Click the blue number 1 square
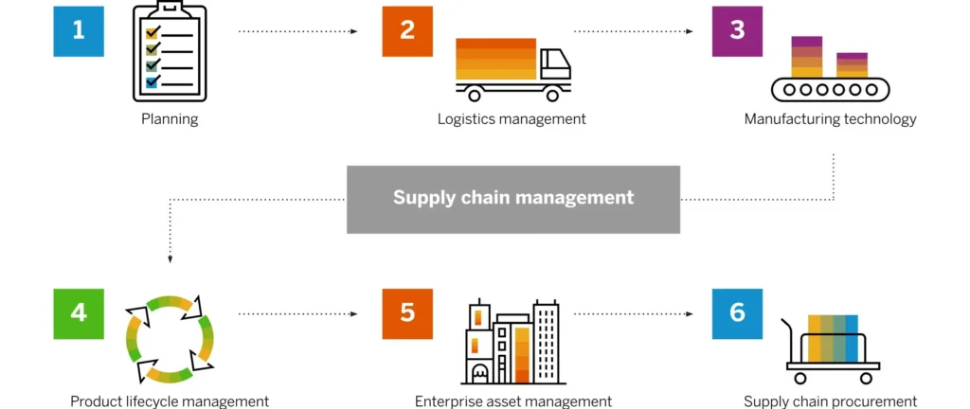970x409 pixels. click(78, 30)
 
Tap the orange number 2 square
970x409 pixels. click(407, 30)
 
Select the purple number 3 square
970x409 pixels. click(737, 30)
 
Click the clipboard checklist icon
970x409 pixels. click(169, 52)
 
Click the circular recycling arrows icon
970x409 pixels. click(170, 337)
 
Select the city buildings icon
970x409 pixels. click(512, 343)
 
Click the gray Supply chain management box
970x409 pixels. click(512, 199)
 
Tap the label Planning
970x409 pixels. click(170, 119)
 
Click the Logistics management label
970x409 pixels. click(512, 119)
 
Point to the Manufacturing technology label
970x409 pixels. click(830, 119)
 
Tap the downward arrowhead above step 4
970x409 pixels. click(170, 258)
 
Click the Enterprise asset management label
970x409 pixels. click(512, 401)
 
